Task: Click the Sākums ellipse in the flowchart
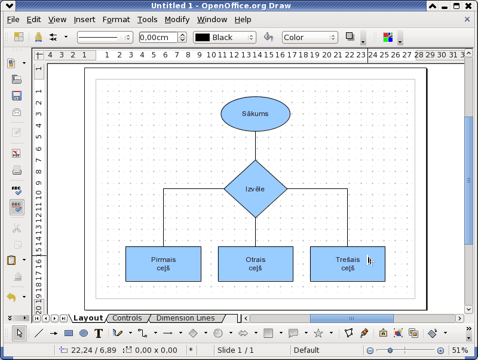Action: click(256, 114)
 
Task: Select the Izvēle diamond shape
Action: click(256, 189)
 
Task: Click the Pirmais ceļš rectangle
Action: click(163, 264)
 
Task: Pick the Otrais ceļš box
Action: click(256, 264)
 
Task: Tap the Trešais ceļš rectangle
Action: click(348, 264)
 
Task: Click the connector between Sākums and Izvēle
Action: click(256, 146)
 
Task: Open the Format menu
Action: click(116, 20)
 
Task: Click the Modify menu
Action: click(177, 20)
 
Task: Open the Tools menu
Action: click(147, 20)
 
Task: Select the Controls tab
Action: click(127, 318)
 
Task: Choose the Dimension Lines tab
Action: click(186, 318)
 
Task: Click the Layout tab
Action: click(88, 318)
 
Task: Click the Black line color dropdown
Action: click(225, 37)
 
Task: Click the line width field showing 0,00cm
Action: click(158, 37)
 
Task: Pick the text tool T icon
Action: click(99, 333)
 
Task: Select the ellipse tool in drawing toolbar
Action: click(84, 333)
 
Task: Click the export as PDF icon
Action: click(17, 153)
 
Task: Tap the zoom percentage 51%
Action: click(460, 350)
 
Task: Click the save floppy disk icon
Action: click(17, 96)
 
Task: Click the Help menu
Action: click(243, 20)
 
